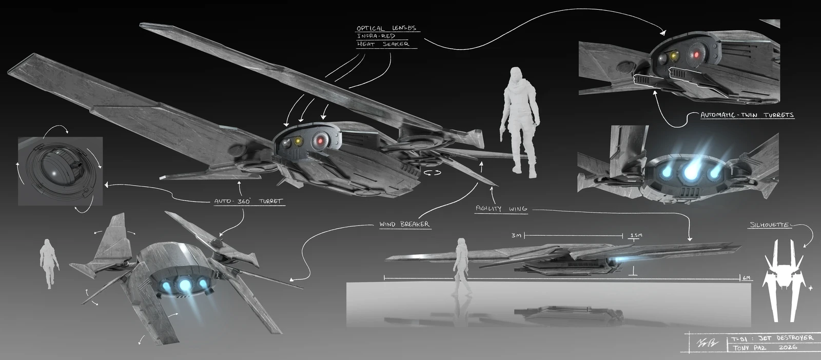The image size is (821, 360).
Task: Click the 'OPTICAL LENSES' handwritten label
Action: point(386,28)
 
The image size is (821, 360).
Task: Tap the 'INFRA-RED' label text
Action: point(376,36)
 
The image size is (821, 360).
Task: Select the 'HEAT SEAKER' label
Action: point(383,44)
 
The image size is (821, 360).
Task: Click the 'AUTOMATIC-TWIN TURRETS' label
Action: point(747,115)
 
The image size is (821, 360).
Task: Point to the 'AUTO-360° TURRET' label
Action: point(248,202)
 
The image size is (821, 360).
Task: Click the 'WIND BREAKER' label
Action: point(404,224)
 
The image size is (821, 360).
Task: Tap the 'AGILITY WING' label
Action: point(501,209)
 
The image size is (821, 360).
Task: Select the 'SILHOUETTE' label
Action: point(769,225)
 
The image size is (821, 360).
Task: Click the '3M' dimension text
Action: point(516,235)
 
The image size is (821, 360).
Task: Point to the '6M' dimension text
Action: point(747,278)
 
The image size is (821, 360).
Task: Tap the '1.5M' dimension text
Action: point(636,235)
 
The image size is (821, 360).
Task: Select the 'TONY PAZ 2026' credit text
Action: point(765,348)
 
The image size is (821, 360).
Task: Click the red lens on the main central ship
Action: point(321,140)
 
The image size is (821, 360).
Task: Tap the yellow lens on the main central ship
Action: point(297,141)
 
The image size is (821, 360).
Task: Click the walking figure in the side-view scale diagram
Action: point(460,267)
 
